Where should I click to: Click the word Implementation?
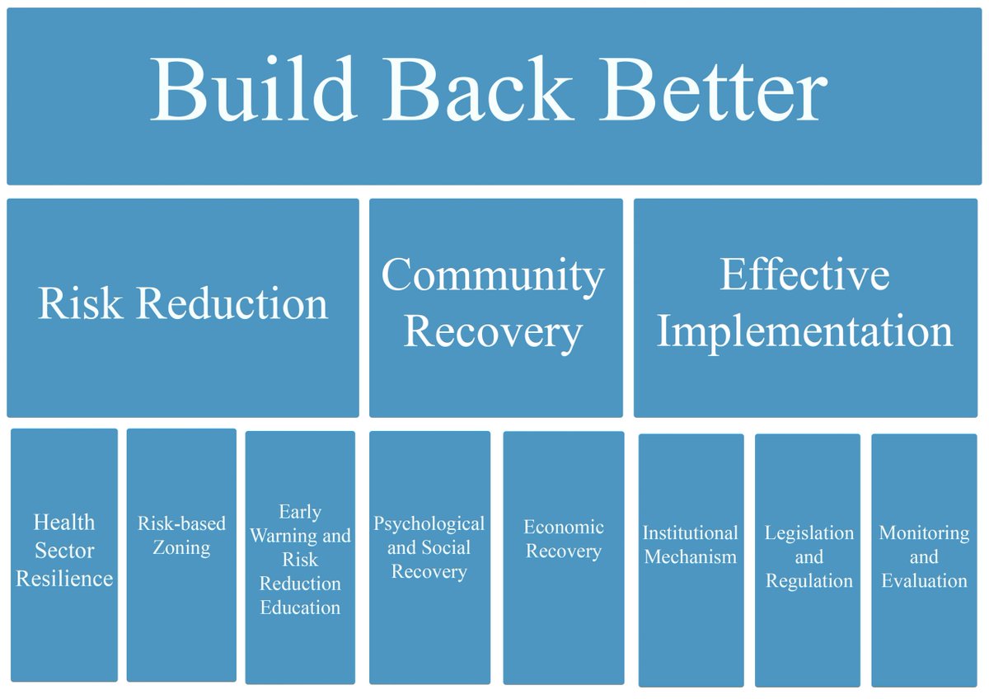[x=805, y=331]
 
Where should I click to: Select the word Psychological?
[x=429, y=524]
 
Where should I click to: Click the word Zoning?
[x=181, y=547]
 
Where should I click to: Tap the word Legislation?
[x=809, y=533]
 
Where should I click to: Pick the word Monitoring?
[x=924, y=533]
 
